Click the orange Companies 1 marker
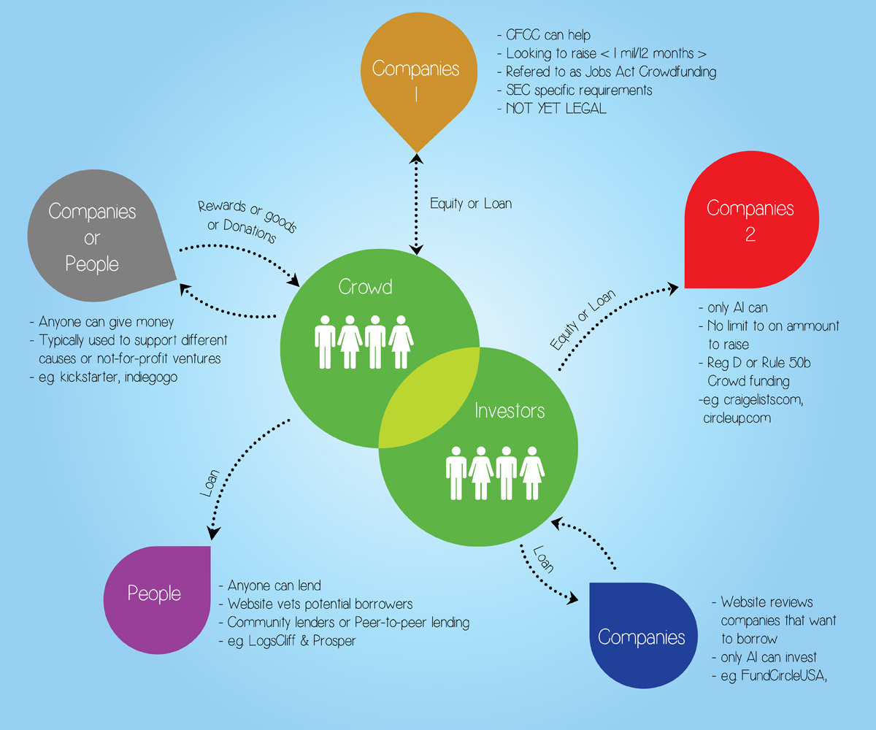(x=415, y=73)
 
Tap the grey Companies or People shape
(x=92, y=237)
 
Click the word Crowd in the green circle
(x=365, y=287)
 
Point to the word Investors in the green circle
(x=510, y=410)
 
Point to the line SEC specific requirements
(x=579, y=90)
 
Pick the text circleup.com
(x=739, y=418)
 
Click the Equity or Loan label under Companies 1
(x=471, y=204)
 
